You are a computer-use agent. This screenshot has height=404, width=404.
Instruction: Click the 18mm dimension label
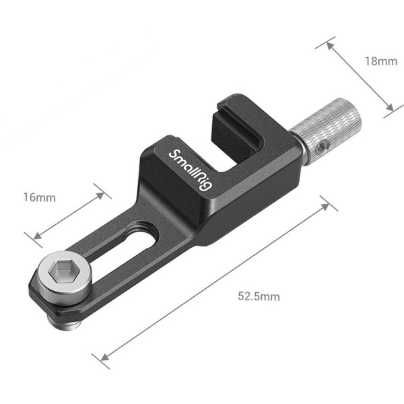(381, 61)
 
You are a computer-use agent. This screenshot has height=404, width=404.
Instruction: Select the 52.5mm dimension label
(259, 296)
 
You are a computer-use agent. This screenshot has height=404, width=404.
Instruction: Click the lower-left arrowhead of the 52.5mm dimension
(104, 358)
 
